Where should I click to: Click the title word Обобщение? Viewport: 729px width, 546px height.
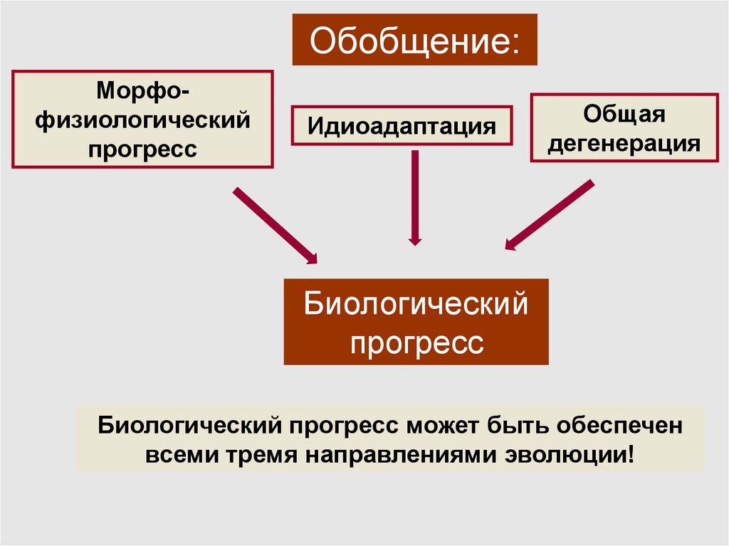point(408,41)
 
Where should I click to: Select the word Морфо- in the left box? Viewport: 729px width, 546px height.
point(143,90)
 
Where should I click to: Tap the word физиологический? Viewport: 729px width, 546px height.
point(143,120)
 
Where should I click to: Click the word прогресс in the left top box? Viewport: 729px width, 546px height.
point(143,149)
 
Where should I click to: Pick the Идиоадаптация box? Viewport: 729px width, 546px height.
point(402,126)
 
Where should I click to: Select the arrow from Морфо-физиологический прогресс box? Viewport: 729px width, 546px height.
point(276,225)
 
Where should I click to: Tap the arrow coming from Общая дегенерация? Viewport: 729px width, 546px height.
point(549,215)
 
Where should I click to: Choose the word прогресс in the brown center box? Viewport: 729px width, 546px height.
point(416,343)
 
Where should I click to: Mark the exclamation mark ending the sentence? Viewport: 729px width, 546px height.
point(629,453)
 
